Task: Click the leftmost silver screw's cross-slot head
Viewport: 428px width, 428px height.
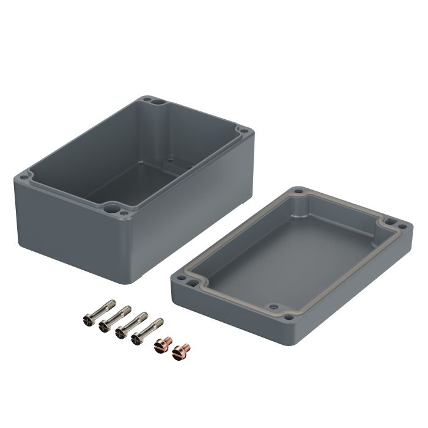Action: point(87,319)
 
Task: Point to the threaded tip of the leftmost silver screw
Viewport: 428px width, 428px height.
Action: point(112,302)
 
